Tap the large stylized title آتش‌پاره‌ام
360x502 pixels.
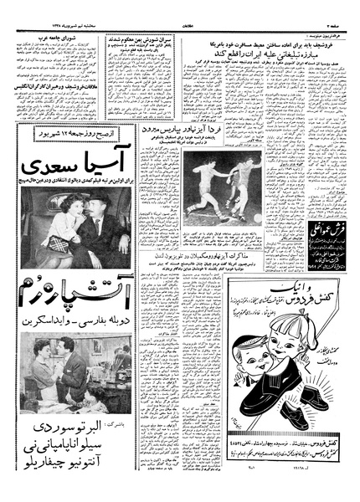click(x=75, y=296)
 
